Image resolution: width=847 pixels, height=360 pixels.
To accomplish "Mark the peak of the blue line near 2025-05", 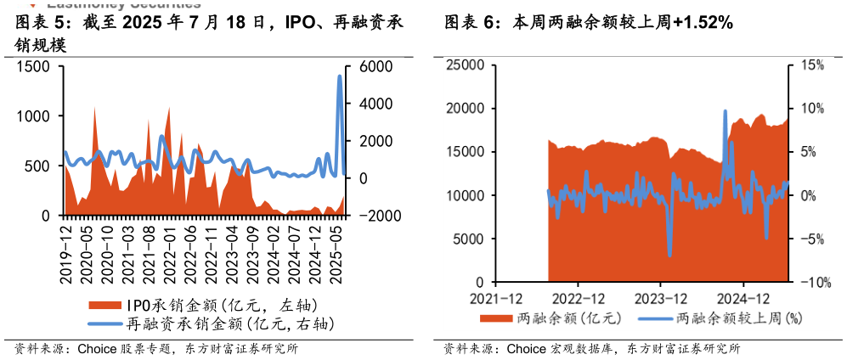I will tap(340, 76).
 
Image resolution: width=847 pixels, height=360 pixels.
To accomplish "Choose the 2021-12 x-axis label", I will tap(494, 298).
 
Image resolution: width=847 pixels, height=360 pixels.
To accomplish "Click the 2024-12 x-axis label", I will tap(743, 298).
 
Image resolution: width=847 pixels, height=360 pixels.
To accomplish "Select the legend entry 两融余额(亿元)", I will tap(551, 319).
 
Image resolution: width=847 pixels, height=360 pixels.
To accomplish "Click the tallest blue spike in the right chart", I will tap(726, 110).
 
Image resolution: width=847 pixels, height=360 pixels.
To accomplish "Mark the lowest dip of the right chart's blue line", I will tap(669, 255).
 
